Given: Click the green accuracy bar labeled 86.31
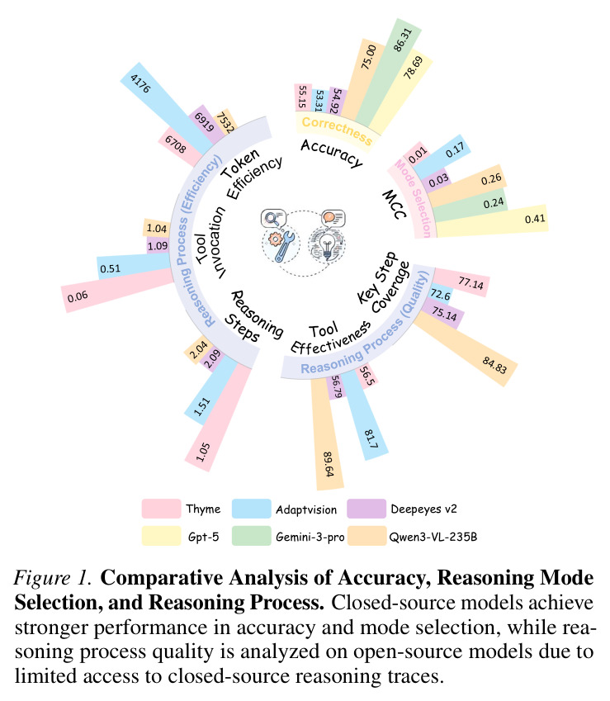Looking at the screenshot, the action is [388, 73].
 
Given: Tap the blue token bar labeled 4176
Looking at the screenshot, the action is [166, 107].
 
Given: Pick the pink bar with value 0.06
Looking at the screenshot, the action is [117, 290].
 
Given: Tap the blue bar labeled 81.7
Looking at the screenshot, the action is [364, 415].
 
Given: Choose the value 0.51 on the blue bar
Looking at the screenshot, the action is [110, 268].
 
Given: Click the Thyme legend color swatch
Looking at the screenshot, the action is [161, 509].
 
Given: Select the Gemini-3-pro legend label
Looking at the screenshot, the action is [310, 537].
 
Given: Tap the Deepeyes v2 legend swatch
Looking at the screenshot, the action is [366, 509].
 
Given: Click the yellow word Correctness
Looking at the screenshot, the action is [337, 130].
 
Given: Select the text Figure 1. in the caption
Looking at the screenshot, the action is [53, 578].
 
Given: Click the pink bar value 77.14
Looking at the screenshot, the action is [471, 283].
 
